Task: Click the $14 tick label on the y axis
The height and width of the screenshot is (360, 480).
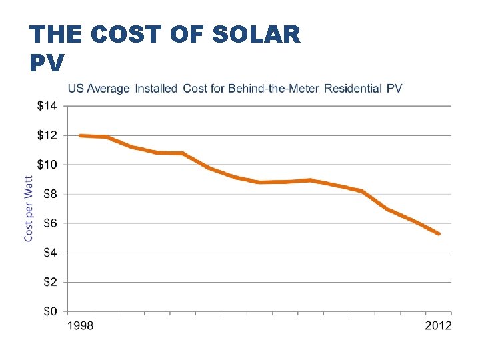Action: [x=47, y=105]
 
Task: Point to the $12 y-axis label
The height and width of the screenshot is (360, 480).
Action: [x=47, y=135]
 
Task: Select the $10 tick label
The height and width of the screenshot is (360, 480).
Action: [x=47, y=165]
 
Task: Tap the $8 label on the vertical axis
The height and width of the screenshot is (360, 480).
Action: [x=49, y=194]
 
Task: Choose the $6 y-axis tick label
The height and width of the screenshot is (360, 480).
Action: [x=49, y=223]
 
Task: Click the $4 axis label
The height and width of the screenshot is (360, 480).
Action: [x=49, y=253]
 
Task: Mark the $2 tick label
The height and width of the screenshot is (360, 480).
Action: [x=49, y=282]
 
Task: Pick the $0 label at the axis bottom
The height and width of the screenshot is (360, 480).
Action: [x=49, y=311]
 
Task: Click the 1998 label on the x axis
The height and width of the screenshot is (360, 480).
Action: [x=81, y=326]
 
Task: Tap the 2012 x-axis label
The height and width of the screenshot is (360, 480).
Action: [x=438, y=326]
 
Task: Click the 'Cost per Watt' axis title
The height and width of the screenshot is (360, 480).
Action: [x=29, y=208]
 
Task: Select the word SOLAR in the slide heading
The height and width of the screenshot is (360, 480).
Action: [x=256, y=35]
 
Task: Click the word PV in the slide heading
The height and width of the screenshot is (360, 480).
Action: [x=47, y=63]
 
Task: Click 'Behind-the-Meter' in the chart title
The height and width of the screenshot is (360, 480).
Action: [x=274, y=88]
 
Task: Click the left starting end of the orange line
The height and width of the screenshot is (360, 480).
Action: [x=80, y=135]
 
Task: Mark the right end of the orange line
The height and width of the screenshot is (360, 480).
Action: [x=439, y=234]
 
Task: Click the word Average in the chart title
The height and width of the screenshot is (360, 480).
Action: [x=107, y=88]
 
